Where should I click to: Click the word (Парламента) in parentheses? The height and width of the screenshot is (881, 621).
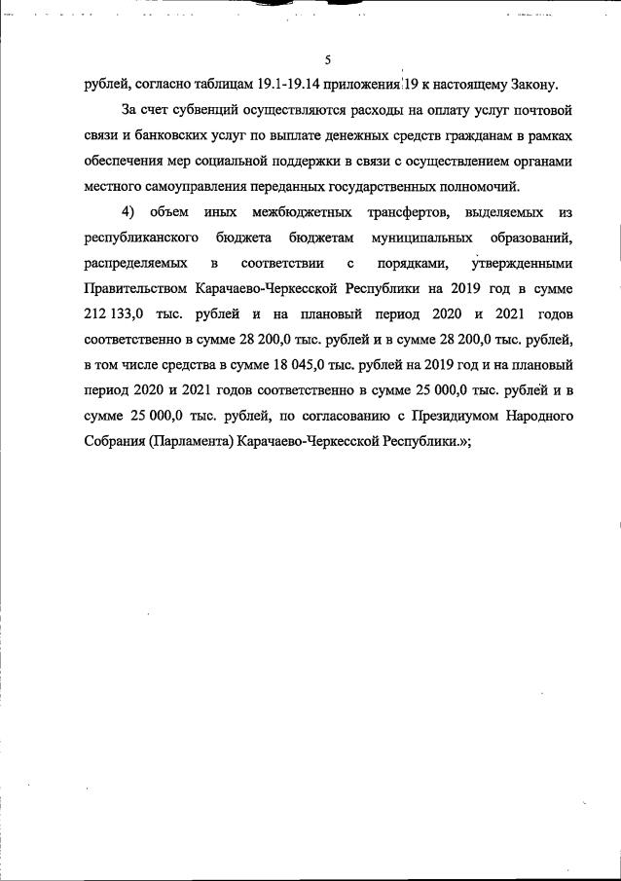pos(198,441)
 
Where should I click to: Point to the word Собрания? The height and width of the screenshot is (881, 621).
pos(117,441)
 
